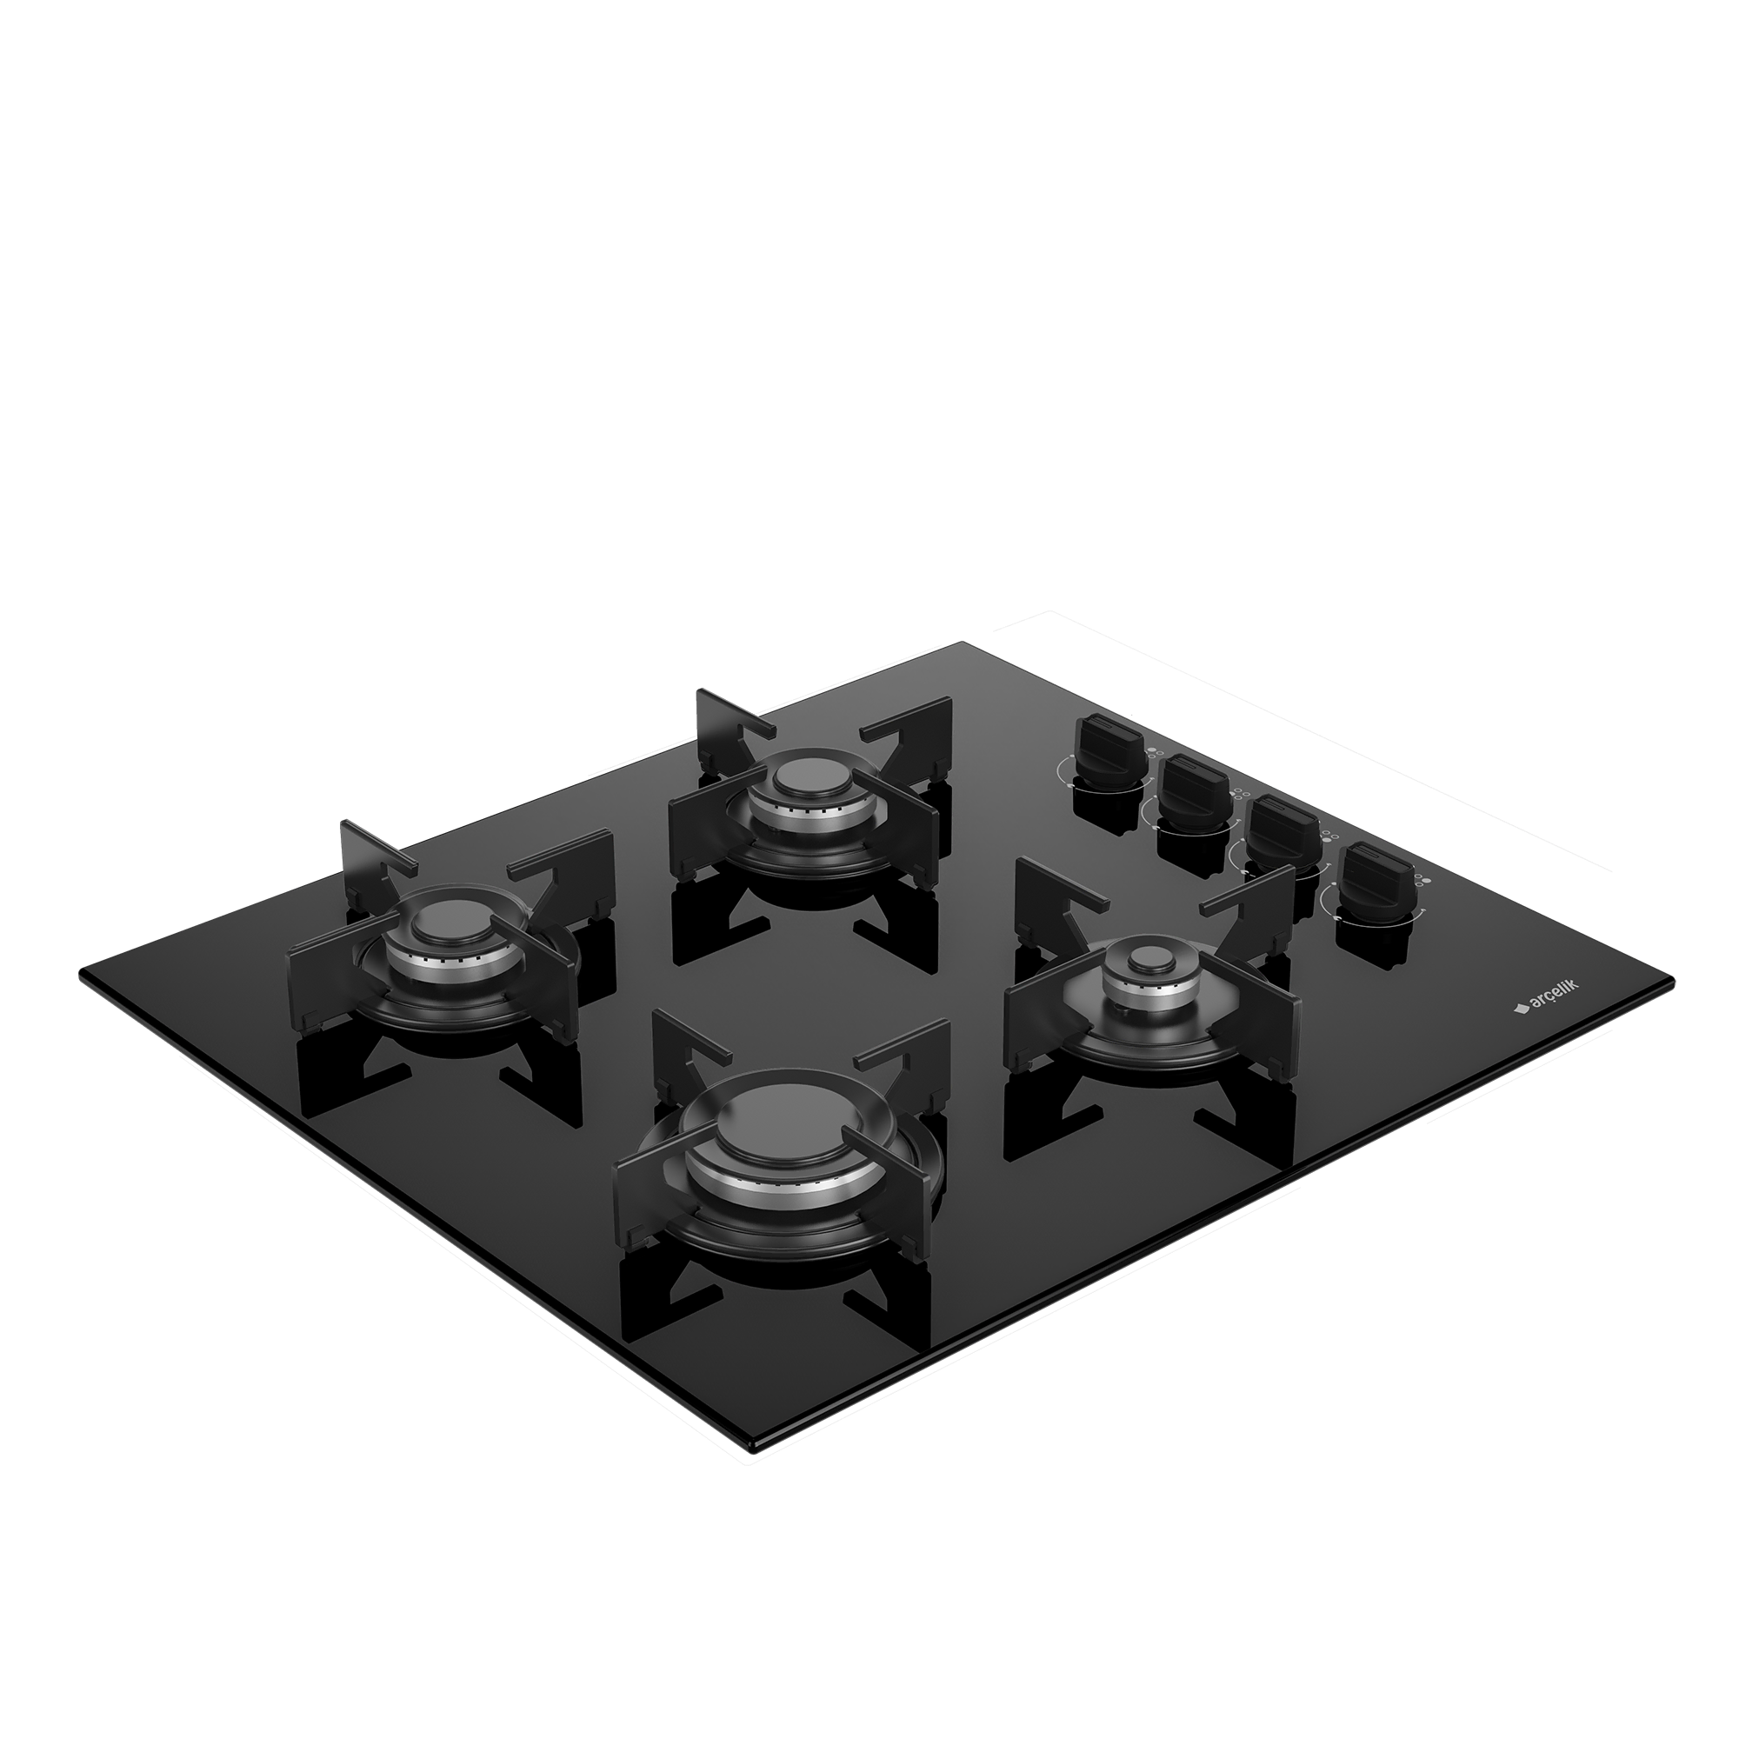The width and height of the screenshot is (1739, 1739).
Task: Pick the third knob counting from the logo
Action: [x=1190, y=790]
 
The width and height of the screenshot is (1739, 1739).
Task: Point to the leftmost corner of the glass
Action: [x=81, y=973]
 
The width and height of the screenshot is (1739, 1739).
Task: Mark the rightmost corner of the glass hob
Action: [x=1671, y=980]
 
